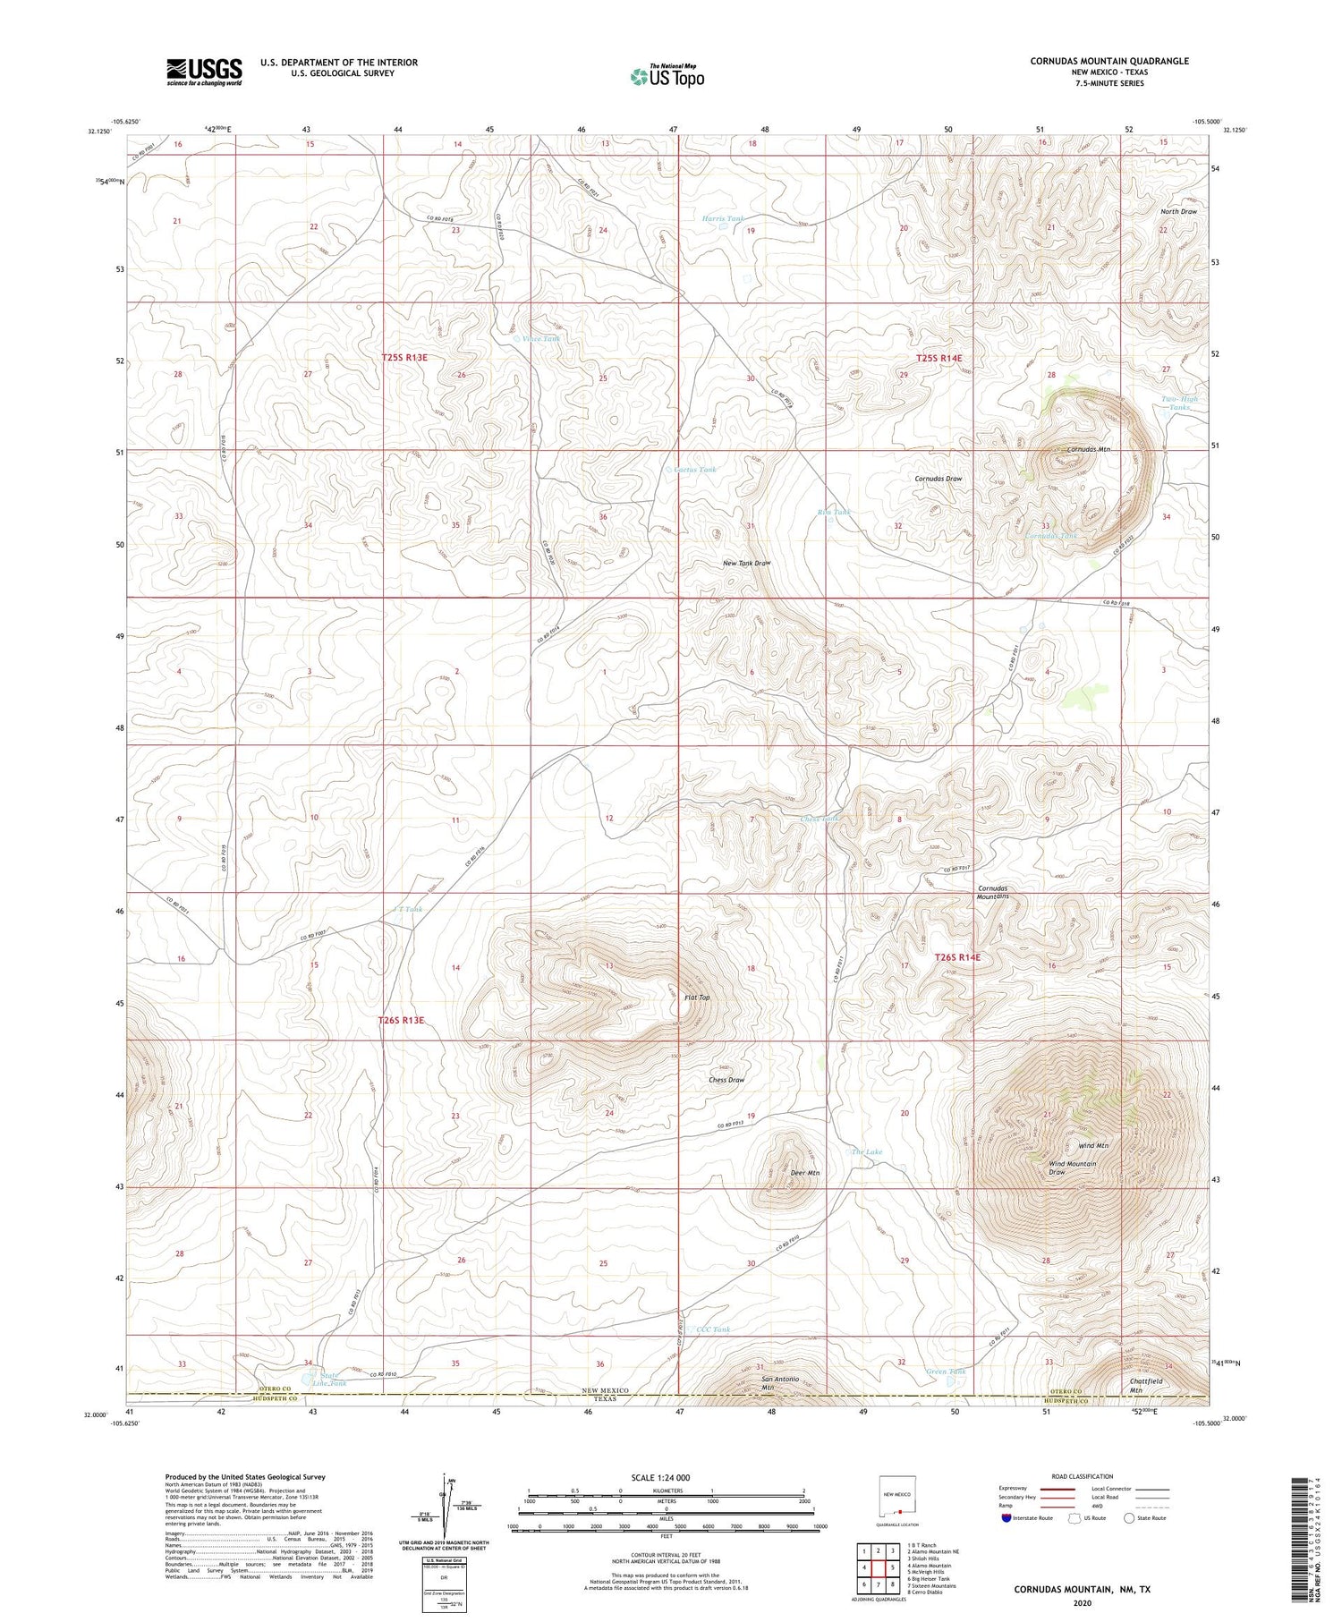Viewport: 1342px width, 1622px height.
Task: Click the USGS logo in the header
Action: pos(204,72)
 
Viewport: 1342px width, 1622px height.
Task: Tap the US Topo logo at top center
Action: pos(667,76)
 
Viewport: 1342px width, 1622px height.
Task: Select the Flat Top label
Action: pos(696,998)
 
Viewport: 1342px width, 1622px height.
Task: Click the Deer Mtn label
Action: pos(804,1172)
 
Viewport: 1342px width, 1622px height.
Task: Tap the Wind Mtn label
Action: pos(1093,1145)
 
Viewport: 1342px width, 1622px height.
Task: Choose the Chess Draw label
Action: pos(726,1080)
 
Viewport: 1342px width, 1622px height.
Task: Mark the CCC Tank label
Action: pos(713,1329)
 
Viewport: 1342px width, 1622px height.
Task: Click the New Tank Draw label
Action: pos(746,564)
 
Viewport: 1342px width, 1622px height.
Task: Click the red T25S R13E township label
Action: pos(404,357)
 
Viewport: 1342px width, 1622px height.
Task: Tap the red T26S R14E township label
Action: pos(956,957)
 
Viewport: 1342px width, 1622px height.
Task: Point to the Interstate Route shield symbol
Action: pos(1006,1518)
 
